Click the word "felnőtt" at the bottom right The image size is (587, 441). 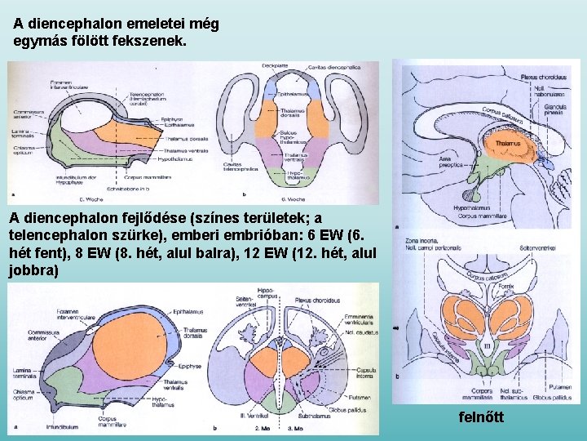pyautogui.click(x=482, y=417)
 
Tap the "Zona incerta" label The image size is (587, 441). pyautogui.click(x=418, y=241)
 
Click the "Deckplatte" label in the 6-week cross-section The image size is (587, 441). pyautogui.click(x=274, y=66)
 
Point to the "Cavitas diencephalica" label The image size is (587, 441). pyautogui.click(x=331, y=66)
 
